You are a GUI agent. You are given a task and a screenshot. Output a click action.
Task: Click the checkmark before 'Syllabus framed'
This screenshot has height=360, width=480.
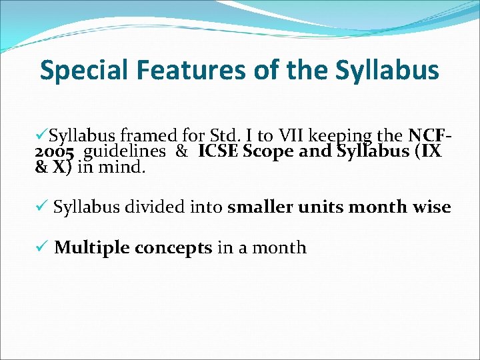(41, 137)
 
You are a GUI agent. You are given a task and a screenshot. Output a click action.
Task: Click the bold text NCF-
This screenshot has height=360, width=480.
(431, 137)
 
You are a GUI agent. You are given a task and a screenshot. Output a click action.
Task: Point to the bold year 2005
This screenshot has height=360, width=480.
(54, 152)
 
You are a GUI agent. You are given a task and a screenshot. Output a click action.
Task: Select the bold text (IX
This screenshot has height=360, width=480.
(427, 152)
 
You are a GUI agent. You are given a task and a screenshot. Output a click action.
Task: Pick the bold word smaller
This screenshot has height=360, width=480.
(260, 207)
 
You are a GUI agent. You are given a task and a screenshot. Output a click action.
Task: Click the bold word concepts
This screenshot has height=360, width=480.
(173, 249)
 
